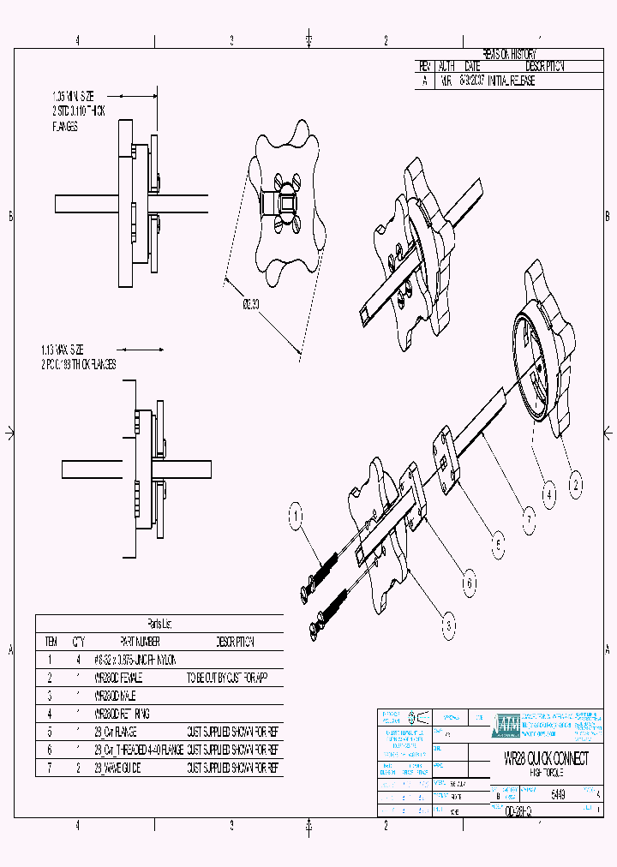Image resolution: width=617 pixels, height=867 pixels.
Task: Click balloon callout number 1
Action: click(x=295, y=516)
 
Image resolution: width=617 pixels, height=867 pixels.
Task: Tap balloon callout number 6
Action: click(x=469, y=584)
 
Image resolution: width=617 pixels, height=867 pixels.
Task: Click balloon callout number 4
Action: click(x=549, y=493)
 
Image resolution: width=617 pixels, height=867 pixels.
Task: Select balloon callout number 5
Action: click(x=498, y=541)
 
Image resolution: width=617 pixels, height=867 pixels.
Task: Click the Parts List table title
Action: click(x=159, y=624)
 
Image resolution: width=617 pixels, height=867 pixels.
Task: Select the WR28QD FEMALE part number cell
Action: click(x=119, y=677)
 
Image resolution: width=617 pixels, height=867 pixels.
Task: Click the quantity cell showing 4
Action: click(x=79, y=660)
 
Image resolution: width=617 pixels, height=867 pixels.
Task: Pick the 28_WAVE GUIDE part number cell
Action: click(x=117, y=768)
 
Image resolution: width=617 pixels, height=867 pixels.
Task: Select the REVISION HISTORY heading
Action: click(x=508, y=53)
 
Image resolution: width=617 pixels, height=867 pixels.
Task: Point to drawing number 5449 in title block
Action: click(x=558, y=794)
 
